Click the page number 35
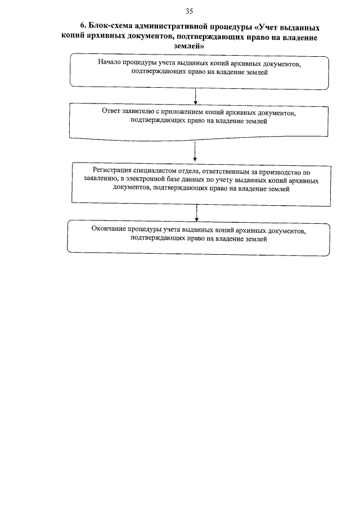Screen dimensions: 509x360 pyautogui.click(x=188, y=11)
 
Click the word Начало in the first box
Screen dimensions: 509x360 pyautogui.click(x=109, y=63)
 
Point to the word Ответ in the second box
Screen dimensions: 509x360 pyautogui.click(x=111, y=111)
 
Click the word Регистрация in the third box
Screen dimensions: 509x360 pyautogui.click(x=112, y=171)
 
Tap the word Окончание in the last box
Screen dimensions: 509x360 pyautogui.click(x=108, y=229)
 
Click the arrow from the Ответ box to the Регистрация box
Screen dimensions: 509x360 pyautogui.click(x=194, y=151)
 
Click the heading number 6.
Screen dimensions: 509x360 pyautogui.click(x=82, y=27)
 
